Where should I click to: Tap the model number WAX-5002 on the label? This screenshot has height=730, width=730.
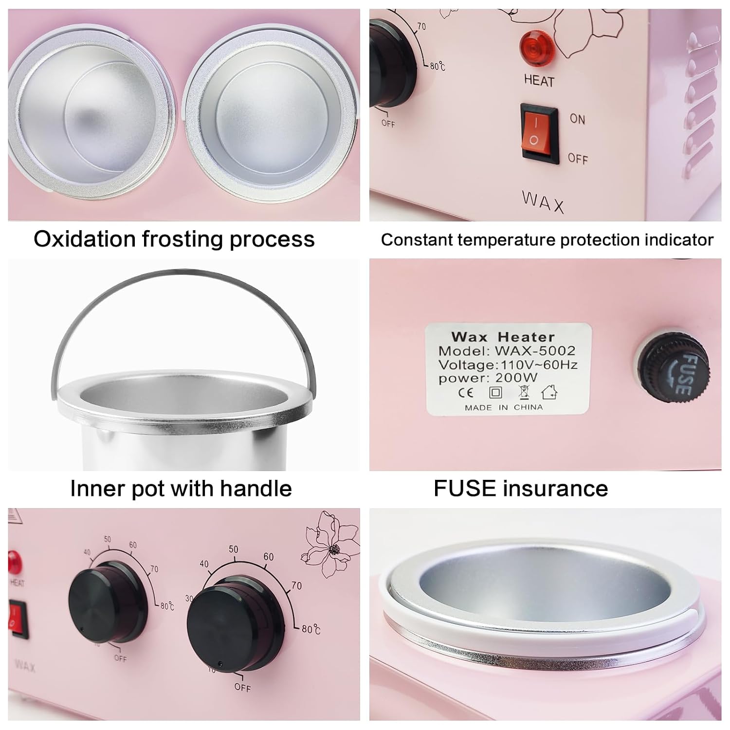point(535,350)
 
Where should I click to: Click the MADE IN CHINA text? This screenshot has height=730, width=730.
point(504,407)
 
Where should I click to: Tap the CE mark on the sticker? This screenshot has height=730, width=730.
point(466,392)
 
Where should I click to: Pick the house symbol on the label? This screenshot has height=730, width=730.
point(549,391)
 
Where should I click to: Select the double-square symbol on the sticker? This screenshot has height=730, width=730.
point(495,392)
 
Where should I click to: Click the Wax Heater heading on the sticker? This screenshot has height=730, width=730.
point(503,336)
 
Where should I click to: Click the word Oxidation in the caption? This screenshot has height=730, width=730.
point(84,239)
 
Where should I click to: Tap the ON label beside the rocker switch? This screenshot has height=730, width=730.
point(578,119)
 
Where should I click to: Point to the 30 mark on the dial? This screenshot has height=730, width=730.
point(189,598)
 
